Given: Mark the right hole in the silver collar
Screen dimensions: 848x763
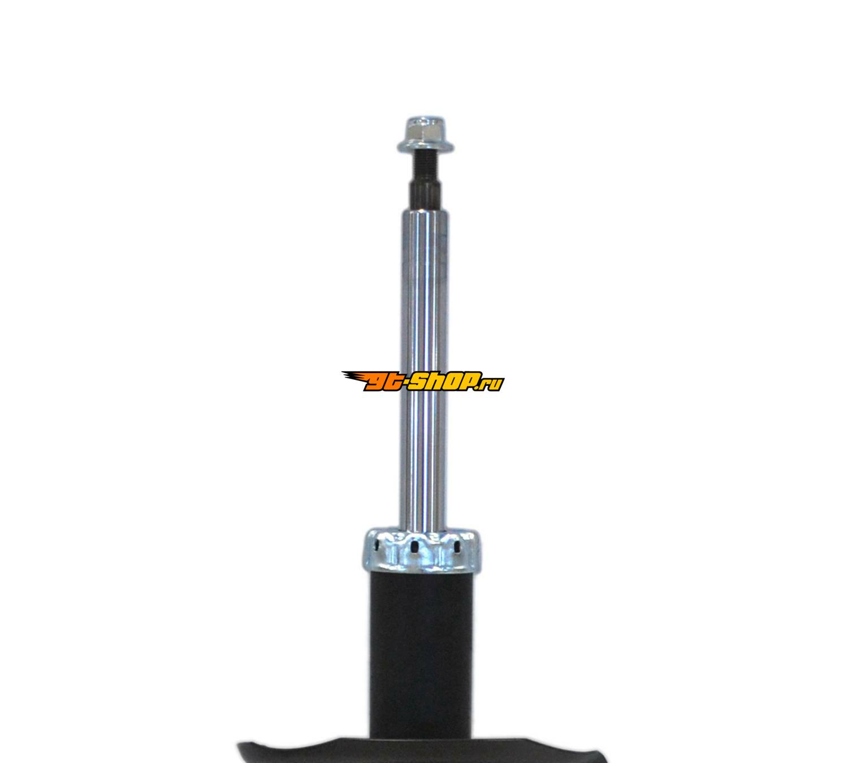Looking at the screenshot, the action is click(x=457, y=548).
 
